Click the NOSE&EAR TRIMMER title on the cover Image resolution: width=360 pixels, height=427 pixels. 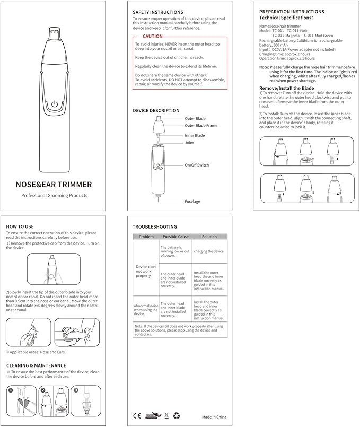point(54,185)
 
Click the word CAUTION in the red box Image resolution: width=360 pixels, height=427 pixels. point(153,36)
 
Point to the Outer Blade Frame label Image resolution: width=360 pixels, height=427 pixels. point(201,126)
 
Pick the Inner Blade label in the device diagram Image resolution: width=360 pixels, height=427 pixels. point(195,135)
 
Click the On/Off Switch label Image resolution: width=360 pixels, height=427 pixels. point(197,165)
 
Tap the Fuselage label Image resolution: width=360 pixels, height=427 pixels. point(192,201)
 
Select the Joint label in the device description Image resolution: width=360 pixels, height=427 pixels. point(189,143)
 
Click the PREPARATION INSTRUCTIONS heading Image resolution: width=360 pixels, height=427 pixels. point(292,12)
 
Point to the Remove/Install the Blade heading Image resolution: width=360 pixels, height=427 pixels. point(286,88)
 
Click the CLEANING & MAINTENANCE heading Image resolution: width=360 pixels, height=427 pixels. point(36,365)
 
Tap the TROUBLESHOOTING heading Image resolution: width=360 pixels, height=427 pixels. point(155,226)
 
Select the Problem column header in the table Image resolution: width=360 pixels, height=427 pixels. point(146,237)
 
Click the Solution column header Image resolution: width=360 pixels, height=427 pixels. point(209,237)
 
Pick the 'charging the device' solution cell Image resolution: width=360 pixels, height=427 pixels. point(209,251)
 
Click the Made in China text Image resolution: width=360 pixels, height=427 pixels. point(214,417)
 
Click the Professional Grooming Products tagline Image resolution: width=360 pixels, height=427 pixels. point(54,196)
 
